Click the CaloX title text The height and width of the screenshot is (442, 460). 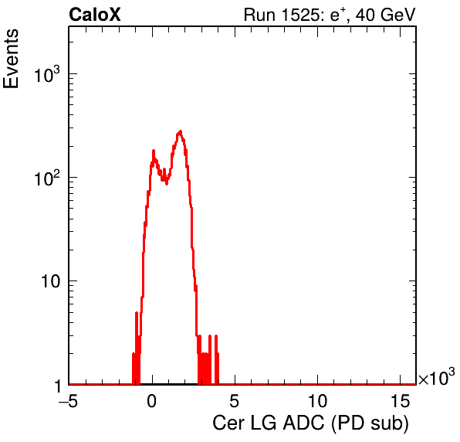click(x=94, y=15)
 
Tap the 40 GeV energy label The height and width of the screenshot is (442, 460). click(x=386, y=15)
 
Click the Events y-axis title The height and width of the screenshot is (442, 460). click(x=11, y=59)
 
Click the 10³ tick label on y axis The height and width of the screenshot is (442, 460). click(x=47, y=74)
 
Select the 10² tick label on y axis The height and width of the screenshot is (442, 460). click(x=47, y=178)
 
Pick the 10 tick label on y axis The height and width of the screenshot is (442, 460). click(x=50, y=281)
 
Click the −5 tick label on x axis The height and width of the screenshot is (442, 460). click(x=69, y=401)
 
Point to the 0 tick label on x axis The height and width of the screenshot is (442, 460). click(x=152, y=401)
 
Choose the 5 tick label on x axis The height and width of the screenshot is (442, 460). click(x=234, y=401)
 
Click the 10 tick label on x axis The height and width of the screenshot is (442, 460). click(x=317, y=401)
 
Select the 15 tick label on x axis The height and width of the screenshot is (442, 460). click(x=400, y=401)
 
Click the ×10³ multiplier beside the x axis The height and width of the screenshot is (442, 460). click(x=437, y=377)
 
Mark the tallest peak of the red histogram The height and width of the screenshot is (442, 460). click(x=181, y=131)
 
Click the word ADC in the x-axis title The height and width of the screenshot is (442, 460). click(x=303, y=423)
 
